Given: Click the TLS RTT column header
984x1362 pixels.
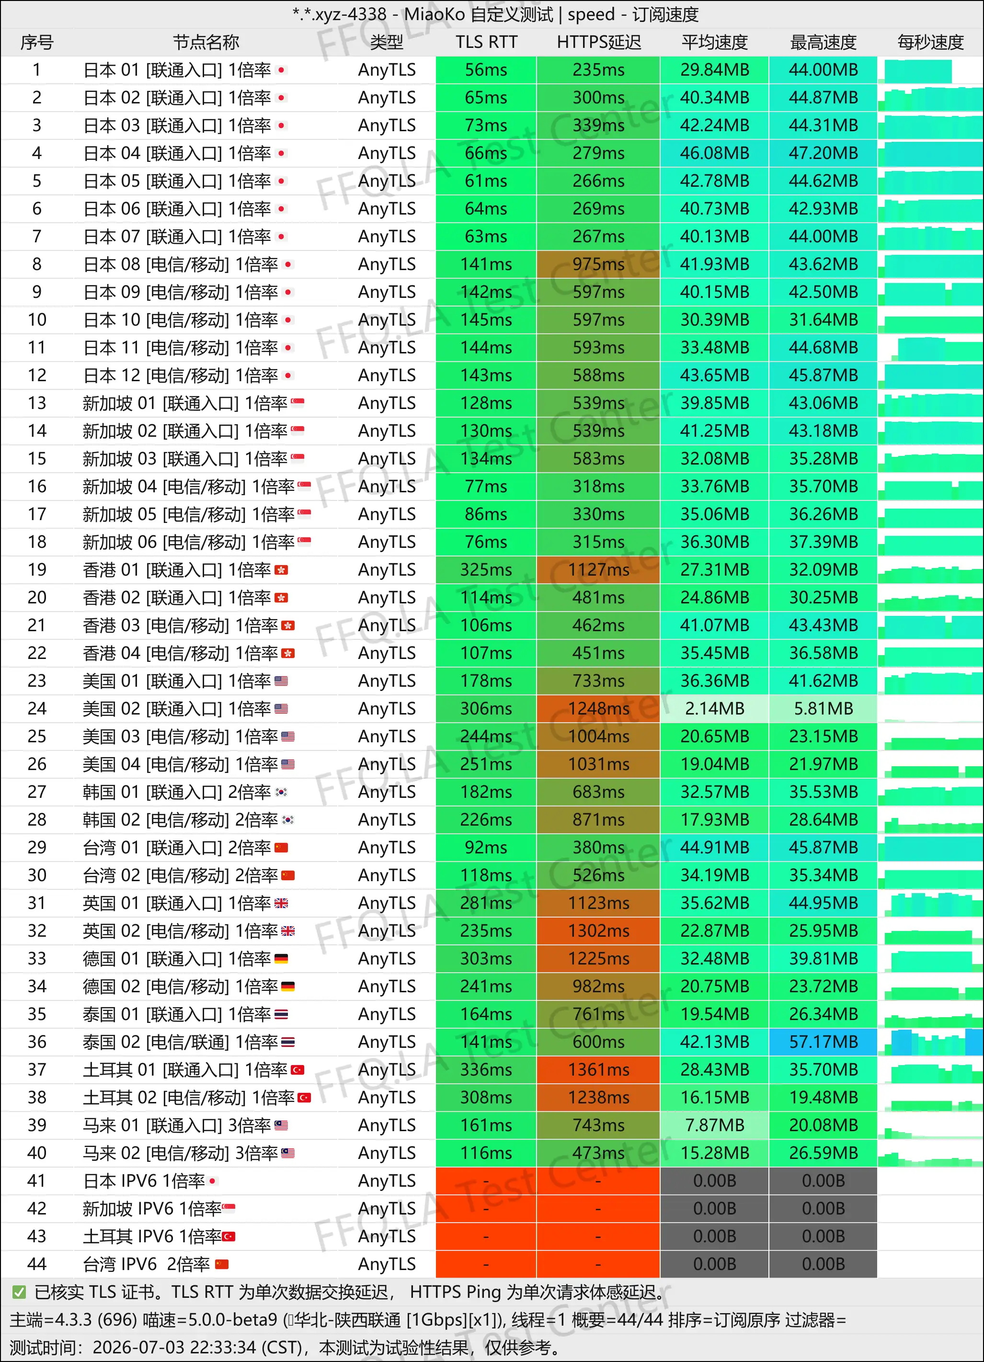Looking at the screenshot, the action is (x=486, y=42).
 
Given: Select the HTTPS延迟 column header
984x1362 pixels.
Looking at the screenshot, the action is (x=598, y=42).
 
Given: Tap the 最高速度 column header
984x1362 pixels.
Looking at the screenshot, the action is (x=823, y=42).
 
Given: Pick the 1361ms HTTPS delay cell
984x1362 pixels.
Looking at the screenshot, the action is (x=598, y=1069).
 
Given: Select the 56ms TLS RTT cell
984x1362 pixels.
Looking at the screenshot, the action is (x=486, y=69).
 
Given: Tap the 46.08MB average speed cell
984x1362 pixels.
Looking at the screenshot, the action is (x=714, y=153).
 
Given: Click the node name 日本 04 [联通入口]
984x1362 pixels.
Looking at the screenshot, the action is (x=153, y=153).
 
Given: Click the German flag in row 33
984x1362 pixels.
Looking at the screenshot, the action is (x=281, y=958).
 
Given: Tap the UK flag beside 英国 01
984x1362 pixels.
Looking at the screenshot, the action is (x=281, y=903).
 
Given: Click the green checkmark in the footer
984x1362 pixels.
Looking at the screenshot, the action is (x=19, y=1292).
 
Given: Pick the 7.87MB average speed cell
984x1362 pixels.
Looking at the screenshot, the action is (x=714, y=1125).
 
